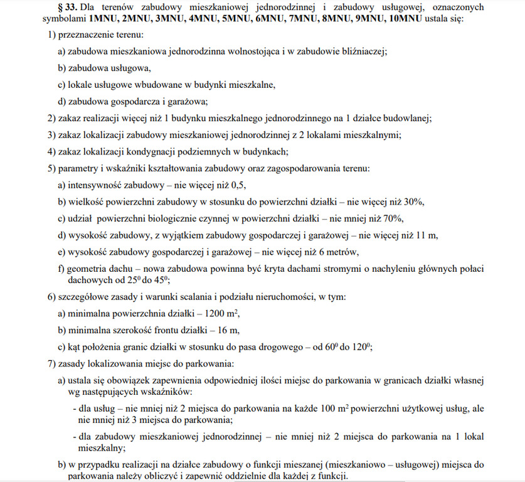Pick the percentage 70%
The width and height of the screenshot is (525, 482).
tap(392, 218)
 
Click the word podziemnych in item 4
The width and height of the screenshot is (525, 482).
tap(208, 151)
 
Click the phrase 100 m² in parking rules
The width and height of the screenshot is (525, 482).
tap(337, 409)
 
